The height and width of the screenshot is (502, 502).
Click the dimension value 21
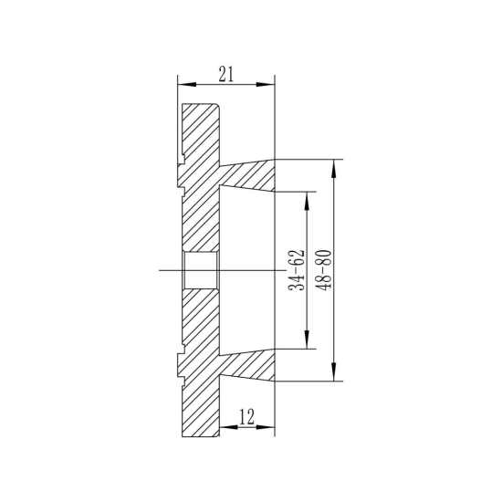coord(225,74)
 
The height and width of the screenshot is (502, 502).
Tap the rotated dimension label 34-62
coord(296,270)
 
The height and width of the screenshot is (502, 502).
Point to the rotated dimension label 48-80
coord(321,270)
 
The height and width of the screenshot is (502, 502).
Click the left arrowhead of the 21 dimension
coord(181,85)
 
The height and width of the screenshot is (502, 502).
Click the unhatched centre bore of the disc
coord(201,270)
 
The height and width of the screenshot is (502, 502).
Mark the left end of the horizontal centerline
coord(159,270)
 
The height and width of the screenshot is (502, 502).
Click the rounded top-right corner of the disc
coord(218,107)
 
